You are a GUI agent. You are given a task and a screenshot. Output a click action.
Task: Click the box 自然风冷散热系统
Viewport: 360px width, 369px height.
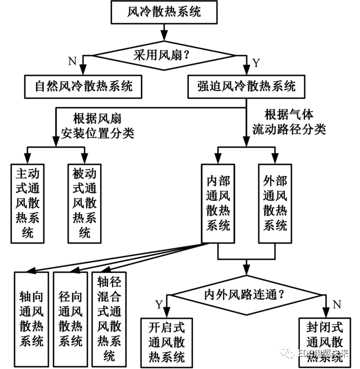coord(83,87)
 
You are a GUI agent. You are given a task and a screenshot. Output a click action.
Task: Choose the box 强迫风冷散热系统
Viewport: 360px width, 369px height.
coord(245,87)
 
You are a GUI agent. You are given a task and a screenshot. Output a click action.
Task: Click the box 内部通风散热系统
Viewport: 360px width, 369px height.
coord(218,202)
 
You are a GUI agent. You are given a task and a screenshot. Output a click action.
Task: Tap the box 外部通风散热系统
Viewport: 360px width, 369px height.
coord(275,202)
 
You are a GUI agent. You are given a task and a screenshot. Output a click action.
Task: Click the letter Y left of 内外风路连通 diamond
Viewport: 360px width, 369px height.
coord(158,304)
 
